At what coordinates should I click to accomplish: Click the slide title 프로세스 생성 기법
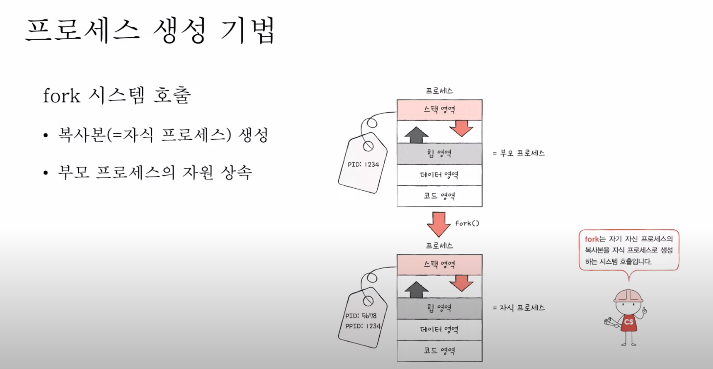[150, 31]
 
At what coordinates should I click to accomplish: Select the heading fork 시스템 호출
[116, 96]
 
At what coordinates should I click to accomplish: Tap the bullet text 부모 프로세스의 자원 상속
[155, 173]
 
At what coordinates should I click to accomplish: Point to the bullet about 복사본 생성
[162, 135]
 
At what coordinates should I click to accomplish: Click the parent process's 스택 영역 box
[439, 109]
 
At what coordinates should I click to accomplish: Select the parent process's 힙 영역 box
[439, 153]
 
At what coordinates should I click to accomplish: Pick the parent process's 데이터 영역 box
[439, 175]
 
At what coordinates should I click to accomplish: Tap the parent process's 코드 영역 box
[439, 196]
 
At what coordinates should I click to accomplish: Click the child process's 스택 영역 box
[439, 265]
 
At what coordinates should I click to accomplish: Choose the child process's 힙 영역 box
[439, 308]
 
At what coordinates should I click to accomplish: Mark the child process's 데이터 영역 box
[439, 329]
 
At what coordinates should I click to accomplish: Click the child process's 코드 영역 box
[439, 351]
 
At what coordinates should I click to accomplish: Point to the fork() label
[467, 223]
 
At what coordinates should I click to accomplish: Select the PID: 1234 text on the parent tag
[364, 165]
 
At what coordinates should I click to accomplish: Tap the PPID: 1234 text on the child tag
[363, 326]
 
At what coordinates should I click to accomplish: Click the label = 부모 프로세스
[519, 153]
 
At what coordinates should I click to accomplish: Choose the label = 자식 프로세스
[519, 308]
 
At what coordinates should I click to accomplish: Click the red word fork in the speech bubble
[592, 239]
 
